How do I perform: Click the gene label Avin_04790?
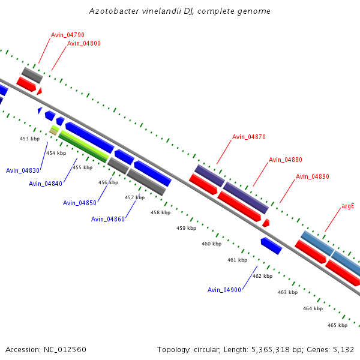[67, 35]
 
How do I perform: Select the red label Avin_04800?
[83, 43]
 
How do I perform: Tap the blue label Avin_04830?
[23, 170]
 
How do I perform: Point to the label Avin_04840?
[46, 184]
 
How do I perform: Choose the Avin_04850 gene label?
[80, 203]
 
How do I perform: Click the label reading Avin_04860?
[108, 219]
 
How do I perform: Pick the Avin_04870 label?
[249, 137]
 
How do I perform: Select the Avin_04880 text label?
[286, 160]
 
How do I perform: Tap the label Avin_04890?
[313, 176]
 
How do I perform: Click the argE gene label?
[348, 206]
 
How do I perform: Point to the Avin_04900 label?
[224, 290]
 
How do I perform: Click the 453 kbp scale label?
[30, 139]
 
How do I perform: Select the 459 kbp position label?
[186, 228]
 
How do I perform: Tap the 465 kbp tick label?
[337, 325]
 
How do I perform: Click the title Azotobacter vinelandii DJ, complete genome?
[180, 11]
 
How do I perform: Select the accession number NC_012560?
[64, 349]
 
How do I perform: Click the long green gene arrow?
[83, 146]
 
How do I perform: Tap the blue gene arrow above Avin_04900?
[271, 245]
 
